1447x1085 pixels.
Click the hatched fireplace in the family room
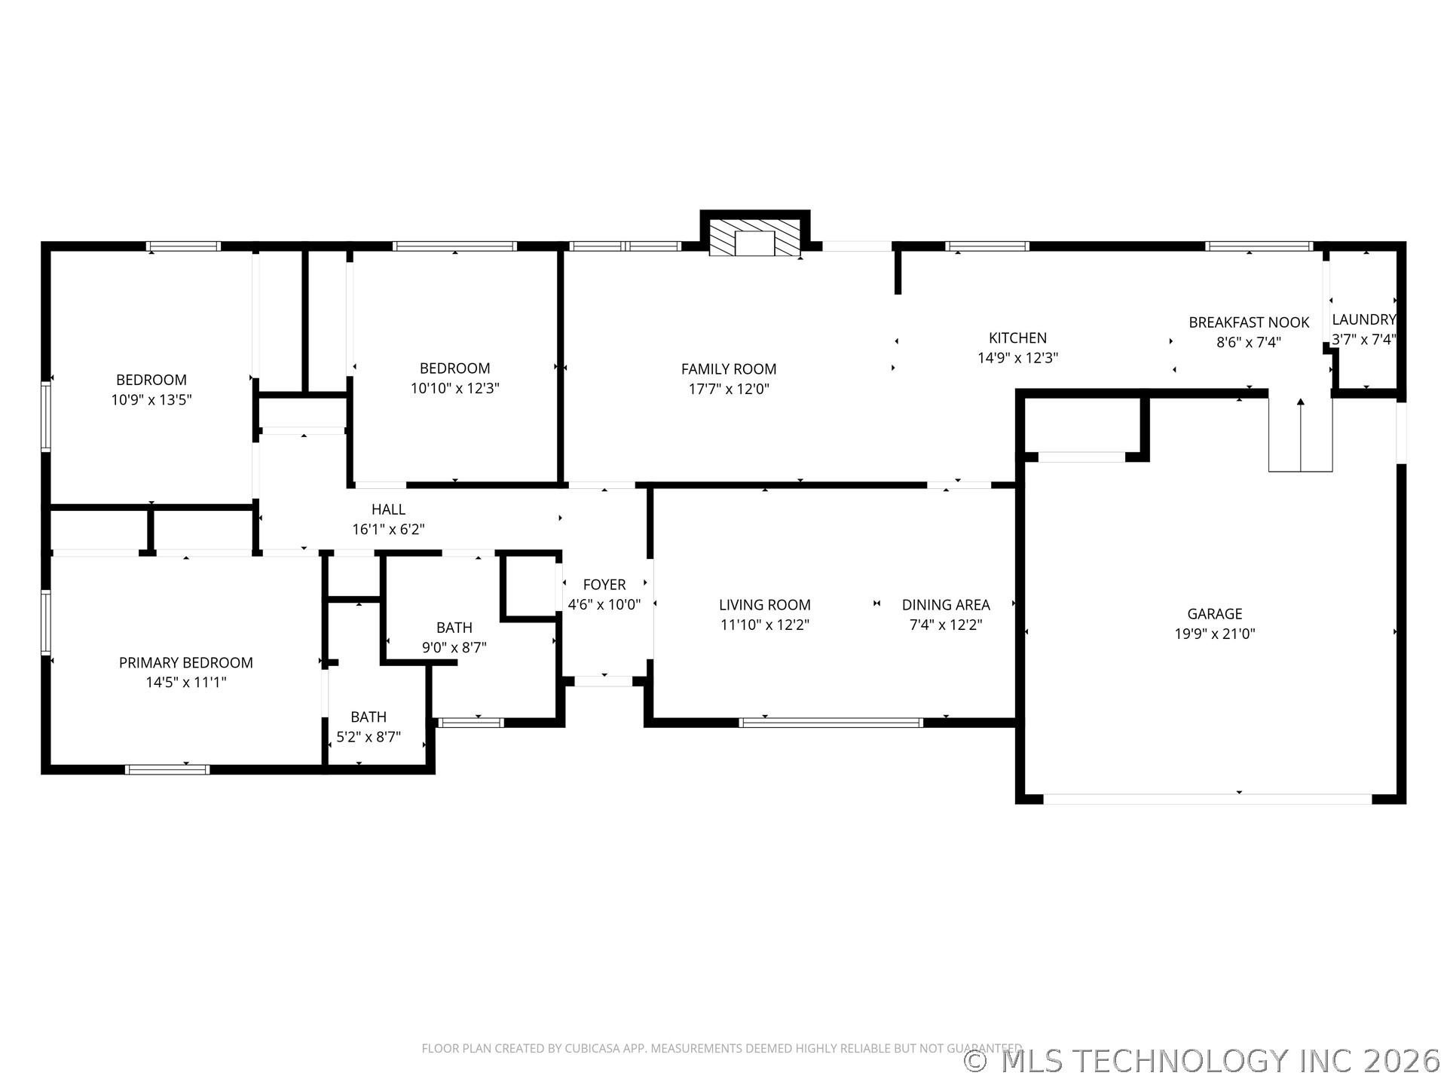coord(755,238)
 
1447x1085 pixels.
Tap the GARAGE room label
coord(1214,614)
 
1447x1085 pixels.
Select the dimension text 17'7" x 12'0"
coord(728,389)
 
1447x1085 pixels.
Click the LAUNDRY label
coord(1363,319)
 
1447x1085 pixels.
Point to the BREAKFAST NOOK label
coord(1249,322)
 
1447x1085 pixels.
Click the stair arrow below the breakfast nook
coord(1300,433)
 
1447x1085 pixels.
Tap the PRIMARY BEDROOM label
coord(185,662)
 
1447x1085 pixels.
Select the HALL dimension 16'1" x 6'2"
coord(388,530)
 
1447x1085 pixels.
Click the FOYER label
coord(604,585)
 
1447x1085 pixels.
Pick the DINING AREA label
coord(945,605)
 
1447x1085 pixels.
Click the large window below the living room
coord(831,723)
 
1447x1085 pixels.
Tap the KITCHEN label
coord(1017,338)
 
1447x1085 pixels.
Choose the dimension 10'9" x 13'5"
coord(151,400)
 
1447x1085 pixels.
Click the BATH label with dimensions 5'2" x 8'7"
coord(368,717)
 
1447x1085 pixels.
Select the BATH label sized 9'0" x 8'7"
coord(454,628)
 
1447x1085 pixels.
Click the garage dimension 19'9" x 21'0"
coord(1214,634)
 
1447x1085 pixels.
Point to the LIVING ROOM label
coord(764,605)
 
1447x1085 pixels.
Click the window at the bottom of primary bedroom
coord(167,769)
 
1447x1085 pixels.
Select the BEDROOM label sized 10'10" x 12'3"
coord(454,368)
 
